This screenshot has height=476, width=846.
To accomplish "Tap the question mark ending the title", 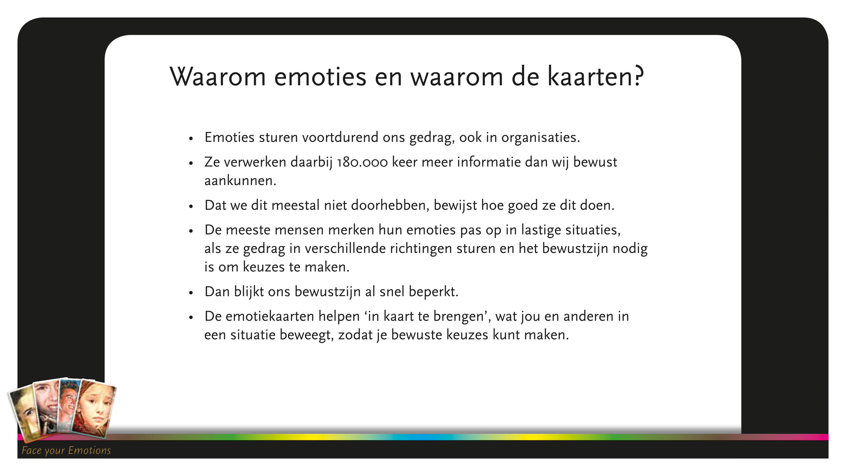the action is coord(639,76).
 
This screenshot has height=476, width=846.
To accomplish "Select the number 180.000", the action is coord(362,162).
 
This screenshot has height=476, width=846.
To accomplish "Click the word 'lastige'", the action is coord(541,230).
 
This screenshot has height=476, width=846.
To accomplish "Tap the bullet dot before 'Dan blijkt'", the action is coord(191,292).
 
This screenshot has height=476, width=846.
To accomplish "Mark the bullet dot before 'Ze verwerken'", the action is coord(191,163).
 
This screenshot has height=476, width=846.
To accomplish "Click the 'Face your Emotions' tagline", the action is coord(66,450).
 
